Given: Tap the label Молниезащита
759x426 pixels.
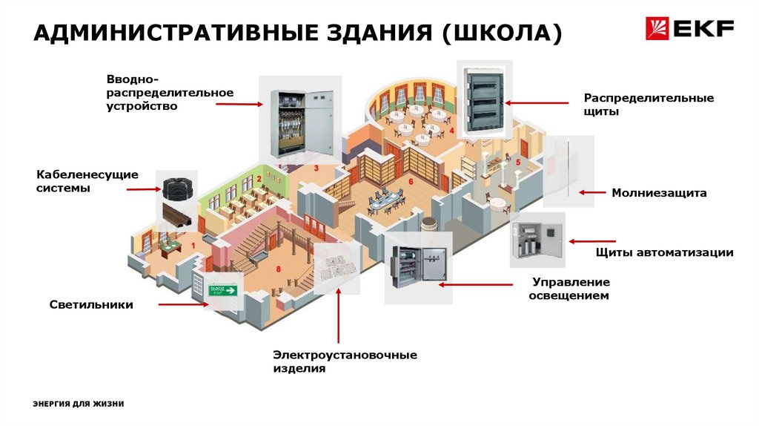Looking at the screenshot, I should tap(659, 193).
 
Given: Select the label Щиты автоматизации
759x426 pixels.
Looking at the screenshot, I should tap(664, 252).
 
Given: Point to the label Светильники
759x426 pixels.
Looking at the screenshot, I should tap(91, 304).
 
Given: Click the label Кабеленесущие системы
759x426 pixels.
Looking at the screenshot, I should tap(87, 181).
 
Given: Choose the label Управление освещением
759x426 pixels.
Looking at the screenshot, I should tap(570, 289).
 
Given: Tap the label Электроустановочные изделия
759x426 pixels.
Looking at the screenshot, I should tap(344, 361).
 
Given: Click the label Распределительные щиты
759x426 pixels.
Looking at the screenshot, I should tap(648, 105).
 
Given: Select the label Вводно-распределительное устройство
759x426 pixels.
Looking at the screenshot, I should tap(169, 93).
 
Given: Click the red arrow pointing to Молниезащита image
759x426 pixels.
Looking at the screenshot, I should tap(592, 192).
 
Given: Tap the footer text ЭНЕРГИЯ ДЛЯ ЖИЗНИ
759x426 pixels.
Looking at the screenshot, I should tap(78, 404).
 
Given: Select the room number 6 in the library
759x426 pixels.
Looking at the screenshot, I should tap(411, 181).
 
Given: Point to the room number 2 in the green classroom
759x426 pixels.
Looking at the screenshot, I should tap(259, 178).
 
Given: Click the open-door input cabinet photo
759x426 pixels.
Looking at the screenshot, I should tap(300, 120).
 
